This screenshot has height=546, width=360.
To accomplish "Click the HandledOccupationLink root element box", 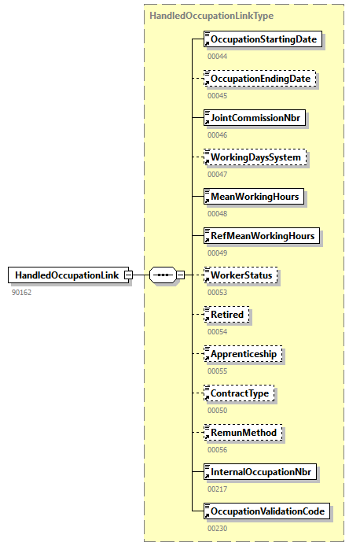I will (x=68, y=275).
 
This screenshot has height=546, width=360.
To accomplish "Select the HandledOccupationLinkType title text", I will (x=206, y=15).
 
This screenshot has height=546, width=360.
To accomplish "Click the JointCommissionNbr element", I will (x=255, y=118).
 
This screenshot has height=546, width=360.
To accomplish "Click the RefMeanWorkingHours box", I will (x=261, y=236).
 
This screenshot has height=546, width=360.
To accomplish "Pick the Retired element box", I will (x=226, y=315).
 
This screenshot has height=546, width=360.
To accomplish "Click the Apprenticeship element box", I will (x=243, y=354).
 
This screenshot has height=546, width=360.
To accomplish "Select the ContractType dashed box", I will (x=241, y=393).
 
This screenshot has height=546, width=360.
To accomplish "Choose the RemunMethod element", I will (x=242, y=433).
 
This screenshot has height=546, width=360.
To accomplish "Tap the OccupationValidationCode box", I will (x=267, y=511).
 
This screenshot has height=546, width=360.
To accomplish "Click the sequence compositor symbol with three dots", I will (x=162, y=275).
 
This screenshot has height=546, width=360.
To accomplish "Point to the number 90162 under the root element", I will (x=21, y=292).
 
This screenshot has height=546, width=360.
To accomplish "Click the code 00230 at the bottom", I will (x=217, y=528).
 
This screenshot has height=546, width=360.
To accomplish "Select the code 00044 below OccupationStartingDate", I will (x=217, y=56).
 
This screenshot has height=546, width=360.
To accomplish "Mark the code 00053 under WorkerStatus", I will (x=217, y=292).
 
